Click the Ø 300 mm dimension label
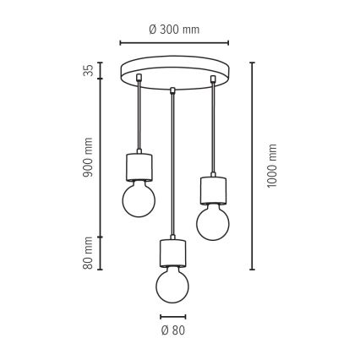point(174,30)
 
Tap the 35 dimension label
point(88,70)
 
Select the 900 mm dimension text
point(88,157)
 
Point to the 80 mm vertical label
point(88,253)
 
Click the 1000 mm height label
point(272,166)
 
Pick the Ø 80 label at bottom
point(173,330)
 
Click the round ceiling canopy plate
point(174,73)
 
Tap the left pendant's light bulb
point(139,199)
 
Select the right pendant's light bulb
point(213,222)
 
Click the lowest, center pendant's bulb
point(172,285)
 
